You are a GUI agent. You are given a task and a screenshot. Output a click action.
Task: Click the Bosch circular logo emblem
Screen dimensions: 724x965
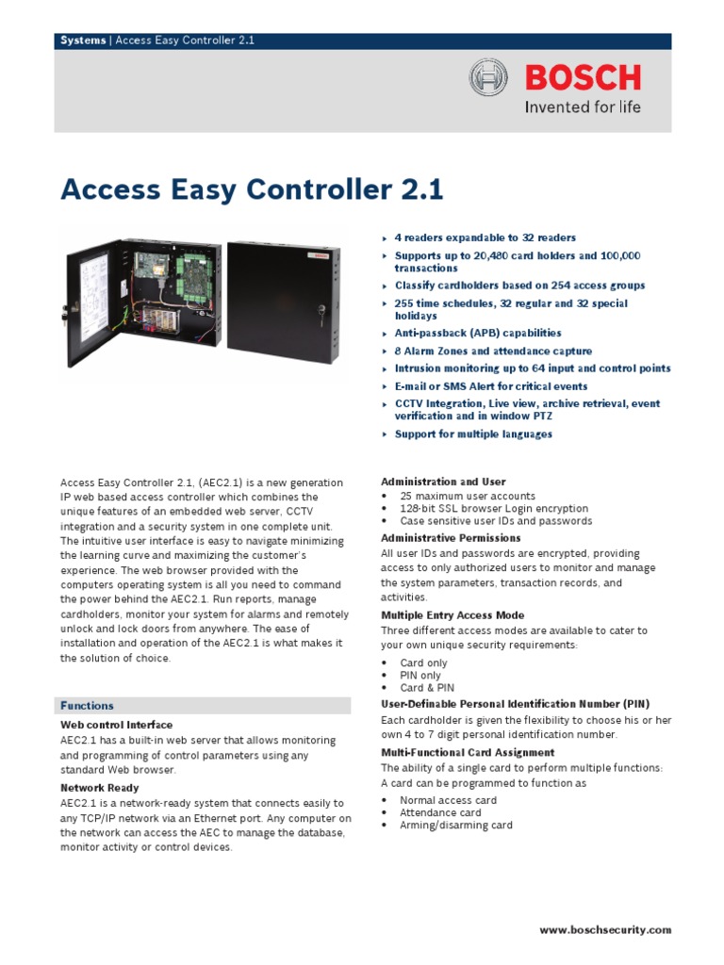click(x=489, y=76)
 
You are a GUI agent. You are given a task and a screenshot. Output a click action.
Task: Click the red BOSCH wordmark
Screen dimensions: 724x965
click(x=583, y=76)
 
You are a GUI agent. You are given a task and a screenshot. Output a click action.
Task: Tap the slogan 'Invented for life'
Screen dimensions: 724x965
click(x=583, y=107)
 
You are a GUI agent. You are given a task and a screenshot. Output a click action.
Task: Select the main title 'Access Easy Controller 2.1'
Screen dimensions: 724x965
click(x=252, y=190)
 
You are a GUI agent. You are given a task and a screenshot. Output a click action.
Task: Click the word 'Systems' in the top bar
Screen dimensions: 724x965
click(x=83, y=41)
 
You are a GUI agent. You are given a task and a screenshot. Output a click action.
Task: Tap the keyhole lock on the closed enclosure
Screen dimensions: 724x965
click(x=321, y=308)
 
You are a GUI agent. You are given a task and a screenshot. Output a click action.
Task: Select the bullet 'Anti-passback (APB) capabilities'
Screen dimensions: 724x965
click(x=477, y=333)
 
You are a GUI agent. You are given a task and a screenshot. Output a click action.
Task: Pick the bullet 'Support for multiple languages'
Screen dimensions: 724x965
click(x=473, y=434)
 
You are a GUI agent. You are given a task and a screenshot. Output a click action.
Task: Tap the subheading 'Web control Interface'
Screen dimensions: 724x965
click(x=117, y=725)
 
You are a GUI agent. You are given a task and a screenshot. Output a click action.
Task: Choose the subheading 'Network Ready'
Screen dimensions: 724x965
click(x=100, y=788)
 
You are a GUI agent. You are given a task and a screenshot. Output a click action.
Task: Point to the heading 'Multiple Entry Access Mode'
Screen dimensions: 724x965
click(x=452, y=615)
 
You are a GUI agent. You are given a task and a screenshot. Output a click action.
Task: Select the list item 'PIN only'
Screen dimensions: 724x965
click(x=420, y=676)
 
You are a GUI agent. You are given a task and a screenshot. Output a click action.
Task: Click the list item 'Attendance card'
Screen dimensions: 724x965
click(x=440, y=812)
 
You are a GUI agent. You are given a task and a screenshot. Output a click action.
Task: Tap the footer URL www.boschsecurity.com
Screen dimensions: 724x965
click(x=605, y=929)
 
